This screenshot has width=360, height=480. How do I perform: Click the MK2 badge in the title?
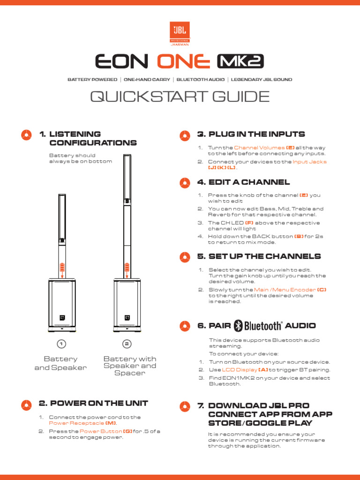point(240,61)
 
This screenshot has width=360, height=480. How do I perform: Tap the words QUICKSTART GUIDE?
point(180,97)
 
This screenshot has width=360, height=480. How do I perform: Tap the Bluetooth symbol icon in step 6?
point(238,326)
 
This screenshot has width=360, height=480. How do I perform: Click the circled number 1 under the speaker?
point(60,344)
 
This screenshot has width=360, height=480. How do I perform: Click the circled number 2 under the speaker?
point(127,344)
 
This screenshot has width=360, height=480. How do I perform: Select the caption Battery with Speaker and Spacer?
point(130,366)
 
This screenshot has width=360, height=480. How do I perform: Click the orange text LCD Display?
point(239,370)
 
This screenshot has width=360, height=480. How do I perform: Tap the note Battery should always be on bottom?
point(80,158)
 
